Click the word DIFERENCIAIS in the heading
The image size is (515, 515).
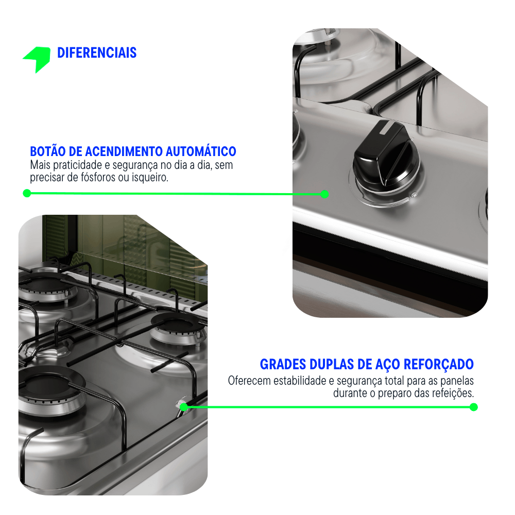(97, 53)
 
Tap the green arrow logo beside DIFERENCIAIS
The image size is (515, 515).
(37, 59)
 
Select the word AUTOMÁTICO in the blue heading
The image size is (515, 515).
(201, 151)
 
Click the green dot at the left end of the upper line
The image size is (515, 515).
(27, 193)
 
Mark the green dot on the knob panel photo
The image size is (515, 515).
(324, 194)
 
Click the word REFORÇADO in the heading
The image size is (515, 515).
(438, 364)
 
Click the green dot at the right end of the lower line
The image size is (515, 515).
(473, 407)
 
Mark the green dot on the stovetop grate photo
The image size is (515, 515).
(184, 407)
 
